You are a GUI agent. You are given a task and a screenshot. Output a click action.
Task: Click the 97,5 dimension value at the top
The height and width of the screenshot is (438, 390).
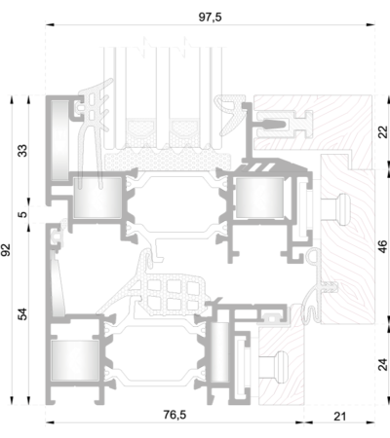click(x=211, y=17)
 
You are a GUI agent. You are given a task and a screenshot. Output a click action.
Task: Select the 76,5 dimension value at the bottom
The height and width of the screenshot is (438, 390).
click(x=175, y=415)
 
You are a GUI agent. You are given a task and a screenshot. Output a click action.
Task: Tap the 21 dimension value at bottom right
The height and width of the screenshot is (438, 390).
click(x=340, y=417)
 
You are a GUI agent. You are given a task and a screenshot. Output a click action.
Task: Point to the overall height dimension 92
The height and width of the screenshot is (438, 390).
click(x=6, y=249)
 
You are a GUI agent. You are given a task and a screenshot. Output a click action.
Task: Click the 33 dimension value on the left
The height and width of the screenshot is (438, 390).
click(x=22, y=151)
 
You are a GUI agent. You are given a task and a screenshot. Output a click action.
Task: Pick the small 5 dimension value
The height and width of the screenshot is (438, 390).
click(x=22, y=214)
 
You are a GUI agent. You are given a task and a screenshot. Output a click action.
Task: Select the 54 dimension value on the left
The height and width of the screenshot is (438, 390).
click(x=22, y=313)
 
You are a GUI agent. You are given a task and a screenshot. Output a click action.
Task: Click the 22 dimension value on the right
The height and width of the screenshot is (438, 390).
click(x=383, y=132)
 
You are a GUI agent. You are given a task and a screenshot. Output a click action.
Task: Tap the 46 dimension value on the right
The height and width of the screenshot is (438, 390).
click(x=383, y=246)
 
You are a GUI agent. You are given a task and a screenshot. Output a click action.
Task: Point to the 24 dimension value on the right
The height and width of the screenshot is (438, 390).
click(x=383, y=365)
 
